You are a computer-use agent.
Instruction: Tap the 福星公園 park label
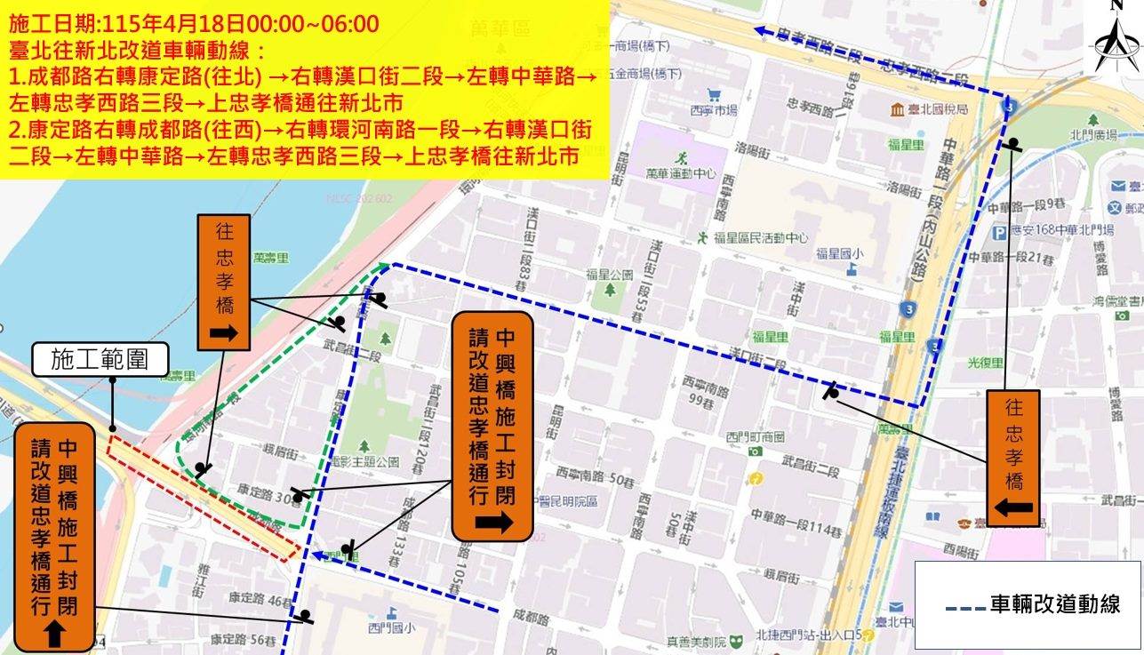[x=609, y=275]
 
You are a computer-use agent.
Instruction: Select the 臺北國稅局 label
[x=936, y=109]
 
